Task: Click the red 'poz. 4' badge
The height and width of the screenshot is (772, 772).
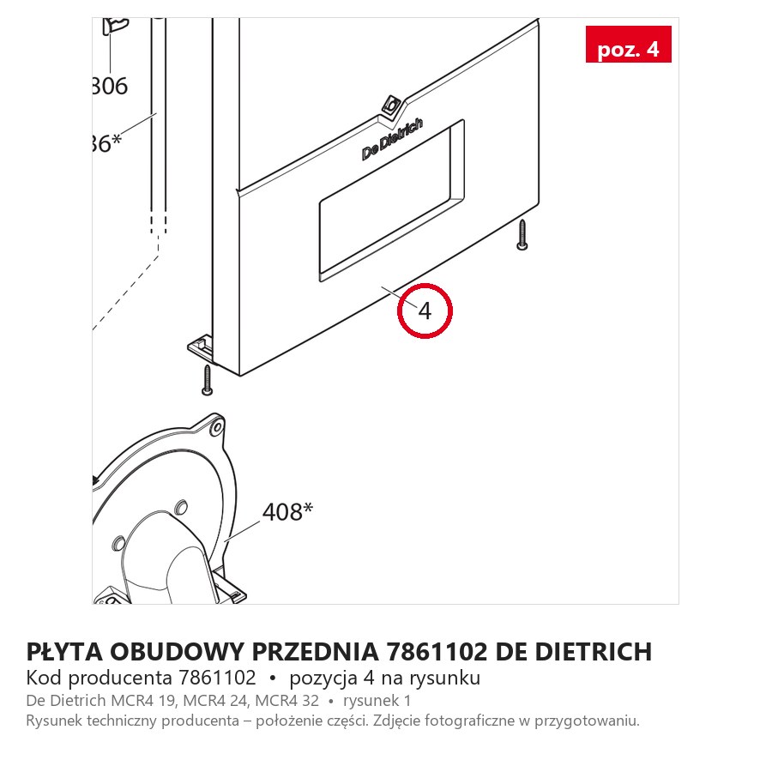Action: (x=628, y=45)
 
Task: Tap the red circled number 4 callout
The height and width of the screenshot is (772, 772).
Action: (x=425, y=311)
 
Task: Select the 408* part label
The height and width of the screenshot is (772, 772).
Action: (x=287, y=512)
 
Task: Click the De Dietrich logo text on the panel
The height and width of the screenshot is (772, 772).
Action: (x=392, y=139)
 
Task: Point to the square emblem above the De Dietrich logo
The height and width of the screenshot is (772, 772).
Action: (x=392, y=105)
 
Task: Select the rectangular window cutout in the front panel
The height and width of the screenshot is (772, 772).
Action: (x=391, y=201)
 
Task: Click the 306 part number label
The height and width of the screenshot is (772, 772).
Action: (x=110, y=86)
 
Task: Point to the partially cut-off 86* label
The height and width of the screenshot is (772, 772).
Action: (x=106, y=143)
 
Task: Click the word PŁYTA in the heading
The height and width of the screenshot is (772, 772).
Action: (x=64, y=651)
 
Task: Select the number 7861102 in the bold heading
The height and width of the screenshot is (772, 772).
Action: (x=437, y=651)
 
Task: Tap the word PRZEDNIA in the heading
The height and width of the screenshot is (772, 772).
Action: (x=316, y=651)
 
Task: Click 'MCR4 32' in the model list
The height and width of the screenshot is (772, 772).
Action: (x=287, y=701)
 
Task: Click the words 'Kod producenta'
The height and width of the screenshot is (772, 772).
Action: (x=99, y=678)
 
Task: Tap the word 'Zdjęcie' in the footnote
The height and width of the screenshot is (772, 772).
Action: (x=396, y=721)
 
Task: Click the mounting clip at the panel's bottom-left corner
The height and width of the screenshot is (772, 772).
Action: (x=201, y=348)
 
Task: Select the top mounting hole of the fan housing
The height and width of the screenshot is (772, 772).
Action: (x=217, y=429)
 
